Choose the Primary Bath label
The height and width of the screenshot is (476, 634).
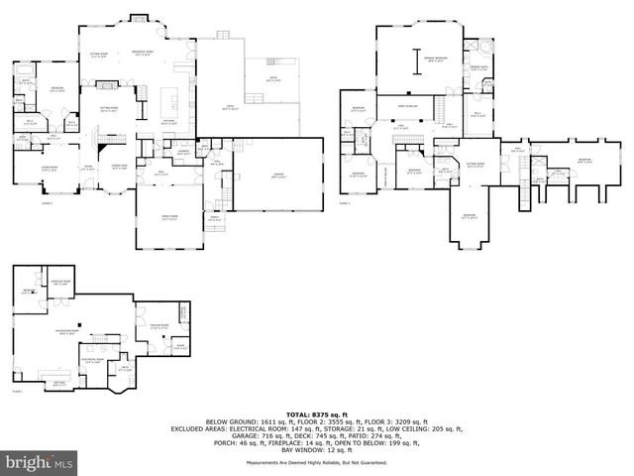click(x=479, y=66)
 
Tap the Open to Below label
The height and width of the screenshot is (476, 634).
click(x=407, y=104)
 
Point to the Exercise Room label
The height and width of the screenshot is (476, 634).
click(x=59, y=282)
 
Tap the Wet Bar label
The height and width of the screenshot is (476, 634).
click(x=57, y=382)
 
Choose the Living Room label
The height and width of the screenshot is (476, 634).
click(x=48, y=170)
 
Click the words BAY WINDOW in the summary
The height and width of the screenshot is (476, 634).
click(x=293, y=451)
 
